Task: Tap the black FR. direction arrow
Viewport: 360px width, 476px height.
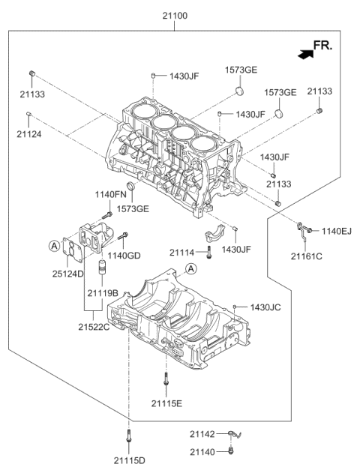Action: (x=304, y=53)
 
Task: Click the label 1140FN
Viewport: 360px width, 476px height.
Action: (x=109, y=195)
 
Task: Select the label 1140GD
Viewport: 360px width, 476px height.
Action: (x=124, y=256)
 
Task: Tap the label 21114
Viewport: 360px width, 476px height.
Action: (x=183, y=253)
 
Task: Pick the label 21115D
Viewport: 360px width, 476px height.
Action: (x=130, y=461)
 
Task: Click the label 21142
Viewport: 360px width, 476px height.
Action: (x=202, y=434)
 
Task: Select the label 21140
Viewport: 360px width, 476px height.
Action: (x=202, y=451)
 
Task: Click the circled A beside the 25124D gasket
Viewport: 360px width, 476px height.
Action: (x=54, y=244)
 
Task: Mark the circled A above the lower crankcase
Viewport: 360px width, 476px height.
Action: (x=190, y=269)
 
